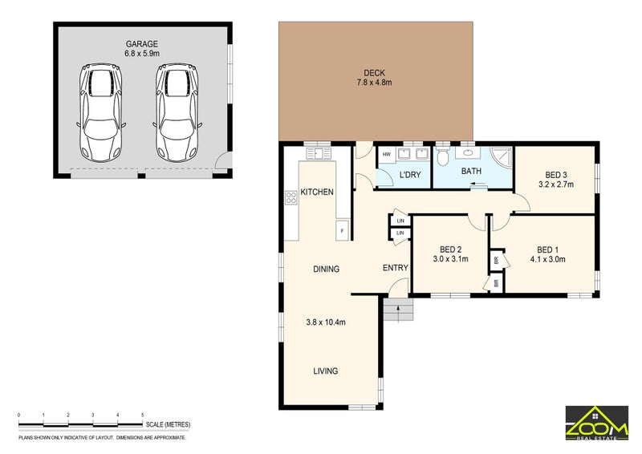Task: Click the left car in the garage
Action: [x=101, y=112]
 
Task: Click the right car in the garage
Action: [x=177, y=112]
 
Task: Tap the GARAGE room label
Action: [x=142, y=44]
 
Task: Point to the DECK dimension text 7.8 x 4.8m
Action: [x=374, y=83]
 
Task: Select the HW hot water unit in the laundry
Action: [x=386, y=155]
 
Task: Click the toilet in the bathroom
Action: [x=443, y=156]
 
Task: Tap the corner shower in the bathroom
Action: [x=502, y=156]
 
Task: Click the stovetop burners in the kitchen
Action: [x=291, y=198]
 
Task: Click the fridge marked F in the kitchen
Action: [x=343, y=230]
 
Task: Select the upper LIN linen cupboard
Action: [x=400, y=221]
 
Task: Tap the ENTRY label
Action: [x=396, y=268]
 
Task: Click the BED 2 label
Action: [x=451, y=249]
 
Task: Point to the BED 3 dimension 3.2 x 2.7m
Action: [x=556, y=184]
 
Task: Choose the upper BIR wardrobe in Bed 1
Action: [x=497, y=260]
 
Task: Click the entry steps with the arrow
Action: [x=399, y=310]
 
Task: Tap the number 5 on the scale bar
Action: [x=143, y=415]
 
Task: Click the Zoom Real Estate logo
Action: [x=597, y=424]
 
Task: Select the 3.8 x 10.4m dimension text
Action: [x=326, y=322]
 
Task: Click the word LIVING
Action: [x=326, y=371]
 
